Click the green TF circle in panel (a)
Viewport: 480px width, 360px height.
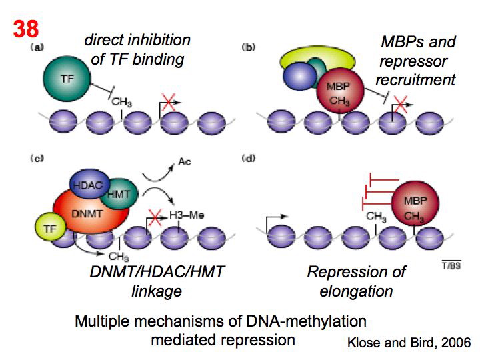point(67,78)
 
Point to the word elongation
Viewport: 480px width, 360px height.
point(356,291)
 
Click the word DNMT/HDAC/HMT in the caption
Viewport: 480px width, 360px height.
point(157,272)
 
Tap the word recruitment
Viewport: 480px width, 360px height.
point(415,80)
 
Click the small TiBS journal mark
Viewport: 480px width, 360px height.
point(451,267)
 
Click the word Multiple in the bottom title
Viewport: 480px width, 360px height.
point(104,321)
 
